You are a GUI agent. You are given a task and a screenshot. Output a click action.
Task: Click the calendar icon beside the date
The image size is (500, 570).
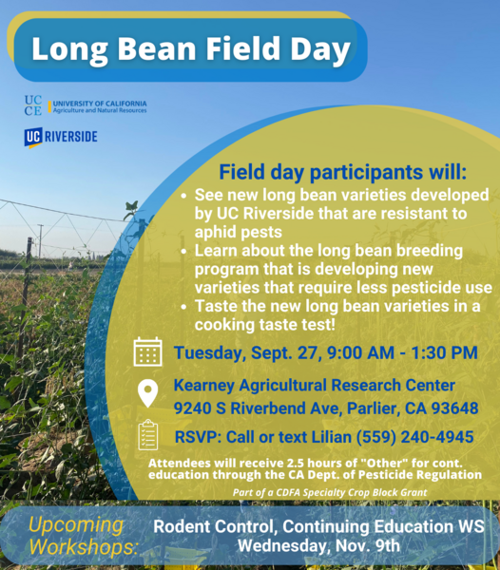pyautogui.click(x=147, y=351)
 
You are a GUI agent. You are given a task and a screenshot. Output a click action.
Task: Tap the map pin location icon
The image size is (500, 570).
pyautogui.click(x=148, y=393)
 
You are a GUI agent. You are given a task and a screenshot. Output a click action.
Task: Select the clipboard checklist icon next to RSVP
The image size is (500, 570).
pyautogui.click(x=148, y=435)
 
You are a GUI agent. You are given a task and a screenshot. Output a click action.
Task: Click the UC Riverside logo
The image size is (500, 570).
pyautogui.click(x=61, y=138)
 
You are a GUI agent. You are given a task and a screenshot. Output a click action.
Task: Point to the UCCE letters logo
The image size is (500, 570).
pyautogui.click(x=33, y=105)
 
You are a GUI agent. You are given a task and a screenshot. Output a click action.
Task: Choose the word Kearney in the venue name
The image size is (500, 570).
pyautogui.click(x=204, y=386)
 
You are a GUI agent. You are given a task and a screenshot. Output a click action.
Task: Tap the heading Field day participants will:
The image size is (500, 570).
pyautogui.click(x=342, y=172)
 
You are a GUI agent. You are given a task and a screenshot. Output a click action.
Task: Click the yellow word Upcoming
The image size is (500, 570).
pyautogui.click(x=76, y=525)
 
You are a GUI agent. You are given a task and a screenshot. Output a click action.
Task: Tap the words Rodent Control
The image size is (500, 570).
pyautogui.click(x=217, y=526)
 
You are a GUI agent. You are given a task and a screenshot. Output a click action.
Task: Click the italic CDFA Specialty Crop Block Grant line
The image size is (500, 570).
pyautogui.click(x=330, y=492)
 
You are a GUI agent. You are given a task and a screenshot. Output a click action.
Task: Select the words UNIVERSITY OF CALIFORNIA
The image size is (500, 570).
pyautogui.click(x=100, y=104)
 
